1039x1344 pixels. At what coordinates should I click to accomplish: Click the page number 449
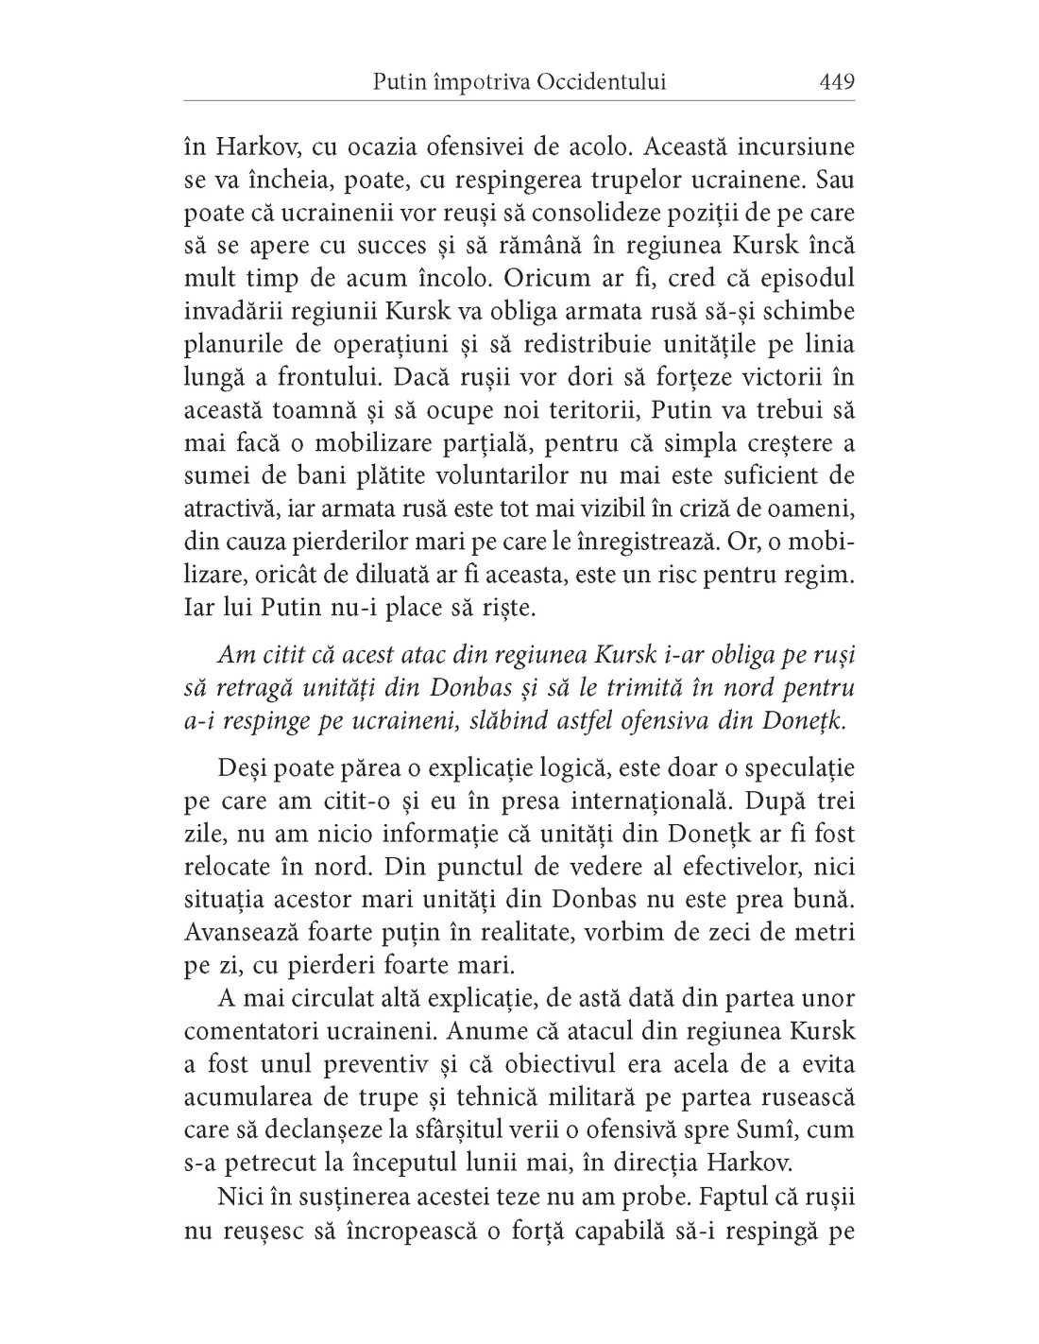[837, 82]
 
